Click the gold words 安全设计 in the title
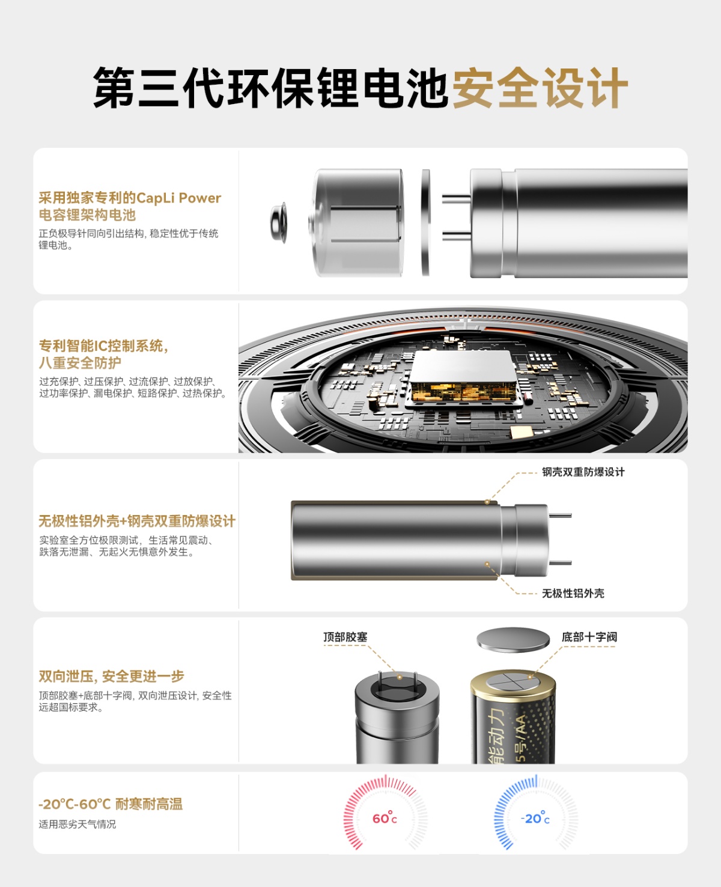coord(540,88)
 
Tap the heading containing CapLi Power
coord(129,206)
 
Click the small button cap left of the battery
coord(279,222)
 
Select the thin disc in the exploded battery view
coord(425,222)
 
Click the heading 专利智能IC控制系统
coord(103,346)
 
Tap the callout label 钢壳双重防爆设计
coord(583,472)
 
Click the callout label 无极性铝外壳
coord(573,593)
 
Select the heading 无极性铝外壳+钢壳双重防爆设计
coord(137,521)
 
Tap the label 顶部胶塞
coord(345,637)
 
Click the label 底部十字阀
coord(589,637)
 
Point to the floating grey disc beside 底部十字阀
coord(513,639)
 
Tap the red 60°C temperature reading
coord(385,818)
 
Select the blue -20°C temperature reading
coord(535,818)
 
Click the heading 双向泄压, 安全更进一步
coord(112,676)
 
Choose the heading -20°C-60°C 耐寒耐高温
coord(111,803)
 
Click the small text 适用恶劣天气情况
coord(78,825)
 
